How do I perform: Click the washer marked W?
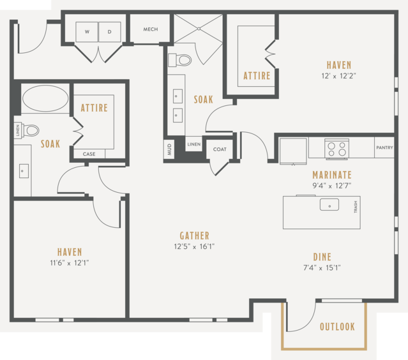(x=87, y=32)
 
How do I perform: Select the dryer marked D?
(x=110, y=32)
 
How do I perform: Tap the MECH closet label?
(x=151, y=29)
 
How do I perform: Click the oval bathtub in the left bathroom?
(x=45, y=98)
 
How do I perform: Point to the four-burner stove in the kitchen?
(x=336, y=149)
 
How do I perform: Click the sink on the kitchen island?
(x=329, y=205)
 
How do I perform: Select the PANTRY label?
(x=384, y=147)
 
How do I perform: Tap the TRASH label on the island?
(x=356, y=207)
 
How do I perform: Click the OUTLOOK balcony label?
(x=337, y=327)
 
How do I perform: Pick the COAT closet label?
(x=220, y=149)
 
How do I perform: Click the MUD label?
(x=169, y=149)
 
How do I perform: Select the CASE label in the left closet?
(x=89, y=154)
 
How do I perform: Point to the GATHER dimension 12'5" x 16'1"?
(x=194, y=246)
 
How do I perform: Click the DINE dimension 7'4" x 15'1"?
(x=322, y=267)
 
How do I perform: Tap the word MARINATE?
(x=332, y=175)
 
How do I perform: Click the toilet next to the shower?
(x=180, y=60)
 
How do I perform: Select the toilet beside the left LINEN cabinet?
(x=31, y=130)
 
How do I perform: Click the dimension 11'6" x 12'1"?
(x=70, y=263)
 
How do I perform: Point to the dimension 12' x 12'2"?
(x=339, y=76)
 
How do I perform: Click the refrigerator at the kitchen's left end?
(x=293, y=151)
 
